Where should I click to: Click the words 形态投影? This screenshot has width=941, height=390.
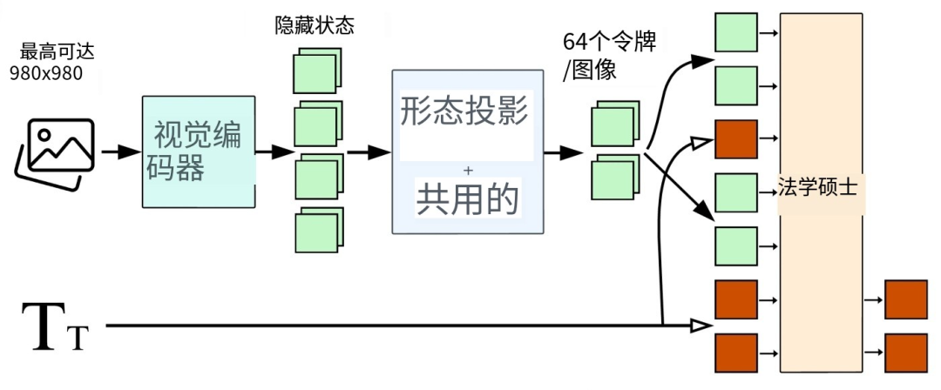(465, 111)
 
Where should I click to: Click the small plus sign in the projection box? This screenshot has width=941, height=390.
(468, 170)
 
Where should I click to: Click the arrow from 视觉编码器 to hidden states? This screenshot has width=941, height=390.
(275, 151)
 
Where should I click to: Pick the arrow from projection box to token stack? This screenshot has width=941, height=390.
(564, 151)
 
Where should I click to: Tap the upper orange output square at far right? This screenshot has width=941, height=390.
(906, 300)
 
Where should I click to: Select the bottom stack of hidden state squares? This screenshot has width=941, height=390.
(315, 232)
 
